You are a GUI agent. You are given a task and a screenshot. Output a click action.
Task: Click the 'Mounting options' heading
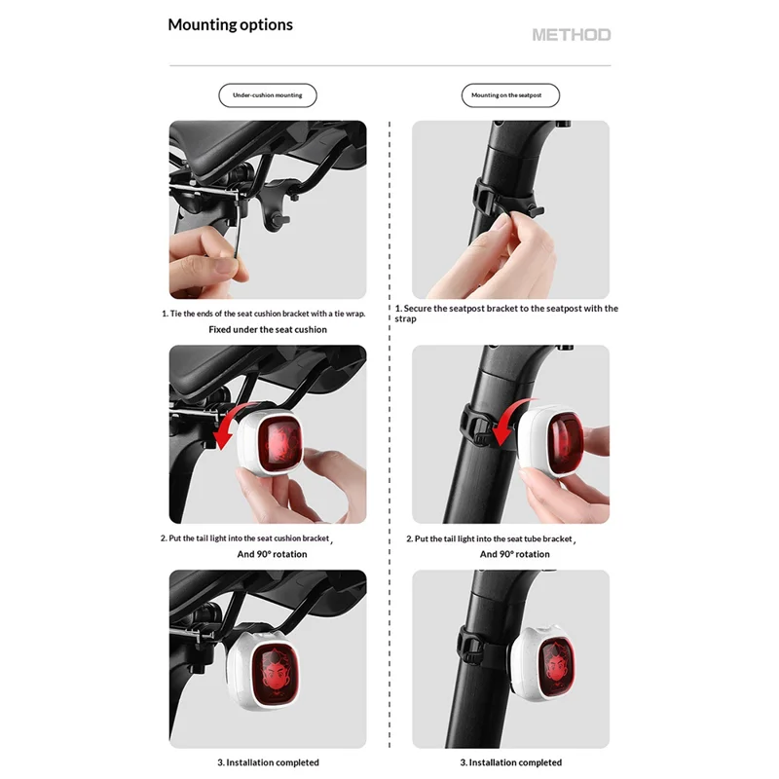point(230,25)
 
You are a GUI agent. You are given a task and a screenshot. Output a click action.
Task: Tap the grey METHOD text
point(572,35)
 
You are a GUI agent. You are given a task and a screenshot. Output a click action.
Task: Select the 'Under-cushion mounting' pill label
point(267,95)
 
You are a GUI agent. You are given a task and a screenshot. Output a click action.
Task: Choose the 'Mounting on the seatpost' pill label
point(510,95)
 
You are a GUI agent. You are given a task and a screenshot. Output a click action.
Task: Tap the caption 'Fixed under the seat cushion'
point(268,329)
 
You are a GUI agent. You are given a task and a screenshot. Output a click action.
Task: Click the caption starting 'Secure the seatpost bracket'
point(506,314)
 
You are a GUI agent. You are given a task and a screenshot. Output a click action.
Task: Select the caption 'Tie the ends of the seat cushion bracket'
point(263,314)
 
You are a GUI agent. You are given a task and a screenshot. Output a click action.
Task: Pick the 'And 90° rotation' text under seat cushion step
point(272,554)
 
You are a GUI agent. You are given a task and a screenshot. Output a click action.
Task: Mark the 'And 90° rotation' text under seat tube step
point(515,554)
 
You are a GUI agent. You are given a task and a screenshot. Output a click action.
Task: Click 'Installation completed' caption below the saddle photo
point(269,762)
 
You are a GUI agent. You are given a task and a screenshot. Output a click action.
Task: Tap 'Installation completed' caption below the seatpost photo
point(510,762)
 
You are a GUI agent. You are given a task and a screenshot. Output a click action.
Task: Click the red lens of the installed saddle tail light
point(275,675)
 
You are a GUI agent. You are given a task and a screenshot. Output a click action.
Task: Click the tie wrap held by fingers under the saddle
point(238,224)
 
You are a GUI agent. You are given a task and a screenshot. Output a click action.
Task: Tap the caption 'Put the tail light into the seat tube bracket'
point(491,539)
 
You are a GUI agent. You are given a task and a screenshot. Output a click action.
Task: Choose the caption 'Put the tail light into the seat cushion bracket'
point(246,538)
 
